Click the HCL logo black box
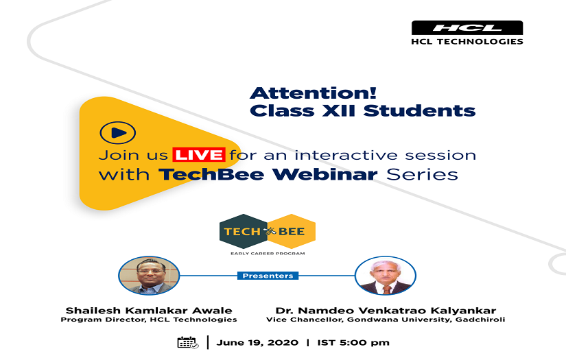tap(467, 27)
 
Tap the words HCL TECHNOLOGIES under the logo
tap(467, 41)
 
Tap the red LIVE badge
tap(199, 154)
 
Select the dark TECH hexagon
tap(243, 231)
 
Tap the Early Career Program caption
tap(268, 254)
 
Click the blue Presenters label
tap(268, 276)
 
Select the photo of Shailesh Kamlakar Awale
tap(149, 276)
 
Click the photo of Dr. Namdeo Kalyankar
tap(385, 276)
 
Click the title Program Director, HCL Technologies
tap(149, 320)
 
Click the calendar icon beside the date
tap(187, 342)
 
